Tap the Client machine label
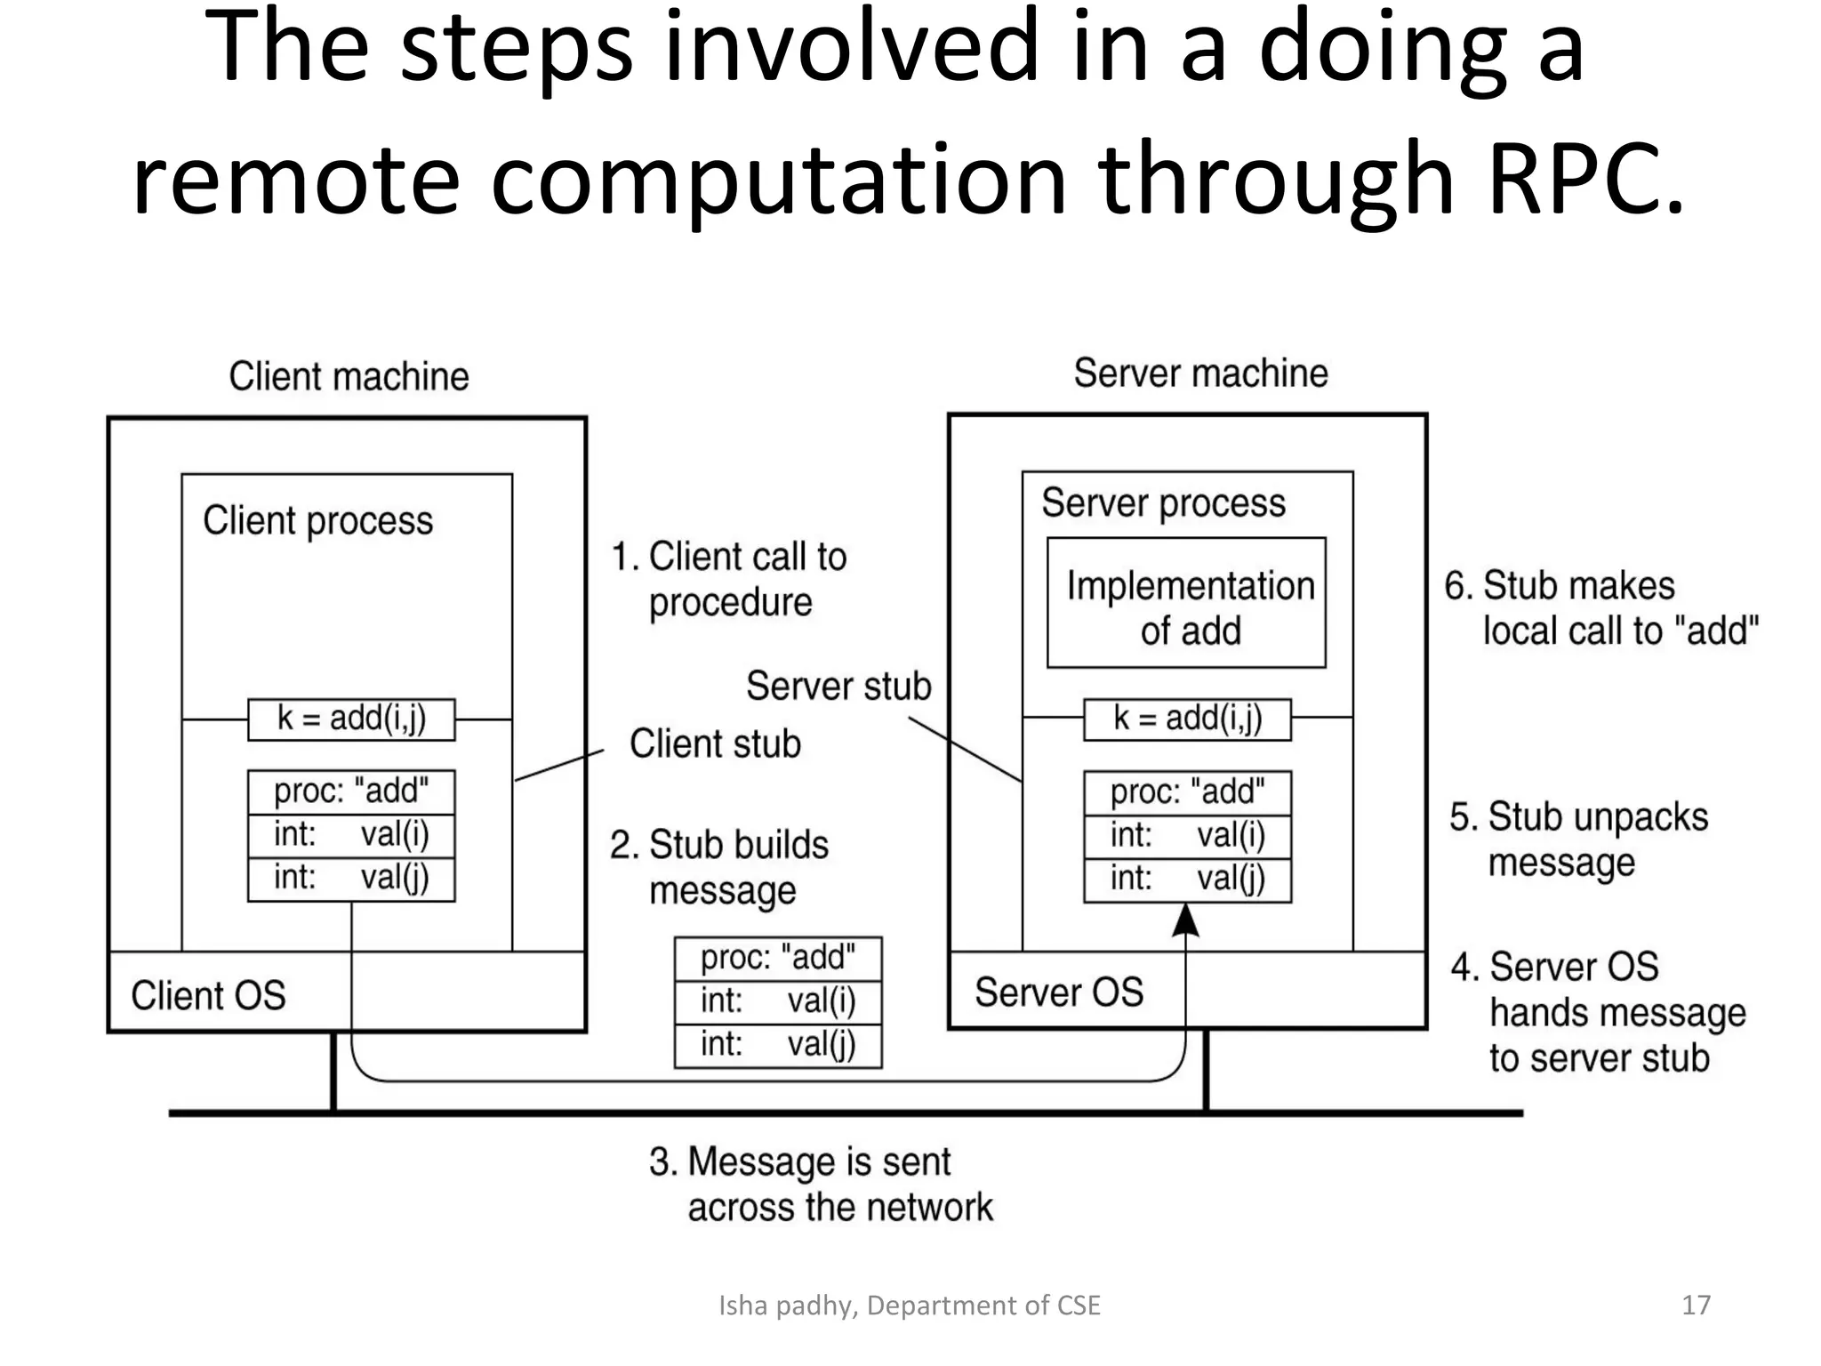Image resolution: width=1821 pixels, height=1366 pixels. tap(349, 376)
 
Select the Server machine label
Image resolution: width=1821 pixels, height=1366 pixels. tap(1200, 373)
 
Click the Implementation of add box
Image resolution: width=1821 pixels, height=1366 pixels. tap(1186, 603)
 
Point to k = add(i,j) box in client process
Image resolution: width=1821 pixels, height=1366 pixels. tap(351, 719)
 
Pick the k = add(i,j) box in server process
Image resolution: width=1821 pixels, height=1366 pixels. tap(1187, 719)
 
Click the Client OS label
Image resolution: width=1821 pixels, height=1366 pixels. tap(208, 995)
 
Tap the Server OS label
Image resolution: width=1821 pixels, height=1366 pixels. tap(1058, 992)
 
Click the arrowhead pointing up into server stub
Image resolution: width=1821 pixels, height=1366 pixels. tap(1185, 921)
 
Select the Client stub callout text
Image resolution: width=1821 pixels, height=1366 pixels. tap(715, 743)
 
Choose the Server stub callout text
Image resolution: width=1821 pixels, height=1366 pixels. tap(838, 686)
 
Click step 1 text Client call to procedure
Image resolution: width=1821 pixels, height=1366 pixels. tap(729, 579)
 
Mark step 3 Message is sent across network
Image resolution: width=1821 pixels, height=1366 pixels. tap(820, 1185)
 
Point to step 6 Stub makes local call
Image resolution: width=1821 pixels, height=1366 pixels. tap(1600, 608)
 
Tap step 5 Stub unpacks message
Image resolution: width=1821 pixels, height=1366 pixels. tap(1578, 840)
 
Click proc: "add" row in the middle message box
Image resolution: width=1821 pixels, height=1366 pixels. tap(778, 958)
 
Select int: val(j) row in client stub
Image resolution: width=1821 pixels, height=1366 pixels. tap(351, 879)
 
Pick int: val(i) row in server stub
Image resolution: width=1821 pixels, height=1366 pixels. tap(1187, 836)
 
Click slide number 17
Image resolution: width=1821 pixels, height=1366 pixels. tap(1696, 1305)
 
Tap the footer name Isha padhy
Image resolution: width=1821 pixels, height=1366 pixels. tap(787, 1305)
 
